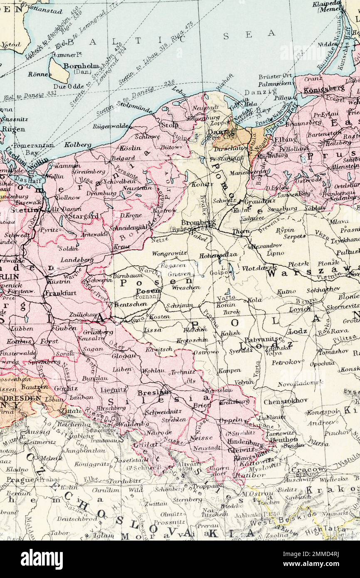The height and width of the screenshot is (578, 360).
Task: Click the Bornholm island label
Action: point(81,66)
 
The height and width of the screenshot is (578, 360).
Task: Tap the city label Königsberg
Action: point(318,88)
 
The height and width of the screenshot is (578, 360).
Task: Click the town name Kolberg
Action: point(77,145)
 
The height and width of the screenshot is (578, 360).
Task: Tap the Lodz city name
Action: point(298,331)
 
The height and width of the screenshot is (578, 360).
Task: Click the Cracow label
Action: point(314,469)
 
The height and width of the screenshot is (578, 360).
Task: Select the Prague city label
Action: point(20,479)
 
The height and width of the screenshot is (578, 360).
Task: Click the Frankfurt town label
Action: point(60,293)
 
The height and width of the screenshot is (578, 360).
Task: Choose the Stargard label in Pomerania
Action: point(84,216)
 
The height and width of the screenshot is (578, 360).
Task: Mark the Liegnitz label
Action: point(113,390)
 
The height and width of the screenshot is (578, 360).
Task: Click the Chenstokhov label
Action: point(286,400)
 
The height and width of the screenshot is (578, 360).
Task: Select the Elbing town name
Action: point(286,139)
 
